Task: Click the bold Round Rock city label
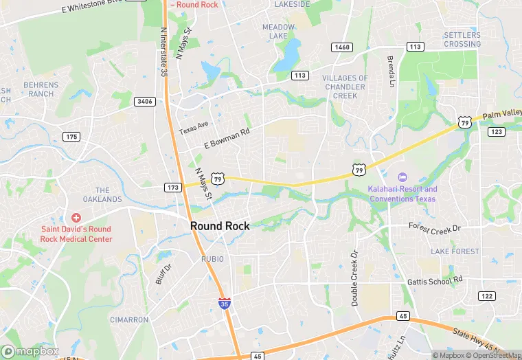[x=220, y=226]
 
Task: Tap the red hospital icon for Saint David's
[x=76, y=217]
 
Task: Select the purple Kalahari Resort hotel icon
[x=402, y=178]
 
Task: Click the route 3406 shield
[x=144, y=102]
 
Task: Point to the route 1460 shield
[x=341, y=47]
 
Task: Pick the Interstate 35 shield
[x=225, y=302]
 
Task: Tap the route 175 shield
[x=71, y=137]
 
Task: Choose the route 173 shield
[x=173, y=187]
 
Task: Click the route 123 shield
[x=497, y=131]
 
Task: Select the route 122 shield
[x=486, y=295]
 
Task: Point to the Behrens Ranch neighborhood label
[x=41, y=89]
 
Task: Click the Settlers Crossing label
[x=462, y=39]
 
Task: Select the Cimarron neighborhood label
[x=129, y=319]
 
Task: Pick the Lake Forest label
[x=455, y=251]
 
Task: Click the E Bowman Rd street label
[x=227, y=138]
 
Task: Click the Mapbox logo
[x=30, y=351]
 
